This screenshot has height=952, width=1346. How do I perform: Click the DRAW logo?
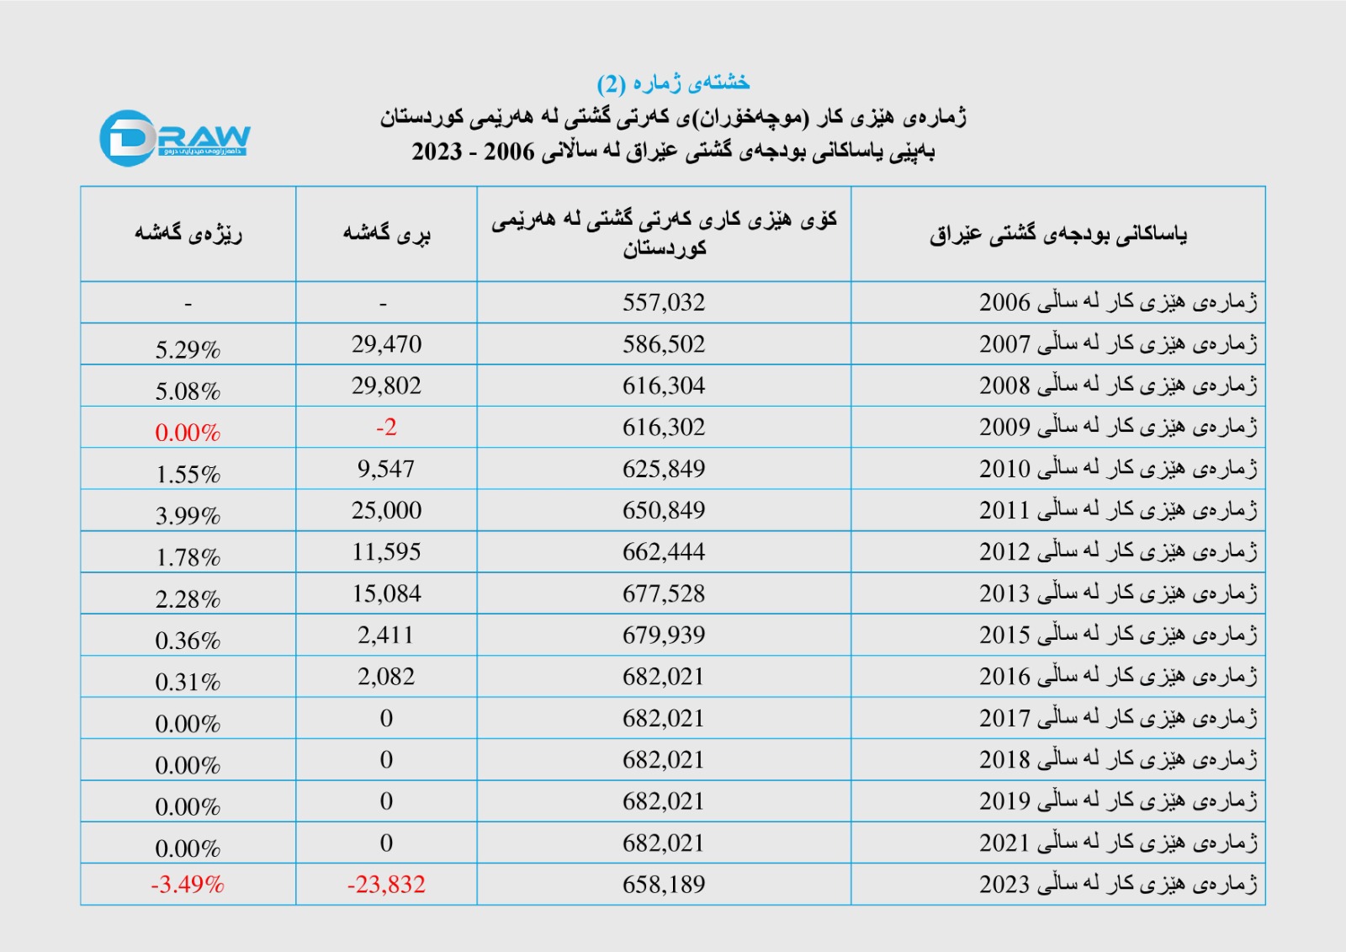174,138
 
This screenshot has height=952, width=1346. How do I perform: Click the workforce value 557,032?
664,302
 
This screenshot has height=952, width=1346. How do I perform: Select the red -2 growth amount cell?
386,428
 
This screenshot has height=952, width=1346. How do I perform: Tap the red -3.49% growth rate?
188,885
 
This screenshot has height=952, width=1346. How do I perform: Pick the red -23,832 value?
386,885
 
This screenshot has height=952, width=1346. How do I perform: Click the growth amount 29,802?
386,386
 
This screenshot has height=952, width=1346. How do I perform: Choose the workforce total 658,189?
664,885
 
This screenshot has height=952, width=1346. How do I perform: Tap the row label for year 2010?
1118,469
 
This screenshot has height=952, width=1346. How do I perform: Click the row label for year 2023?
1118,885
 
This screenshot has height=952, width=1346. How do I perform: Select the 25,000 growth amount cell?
386,510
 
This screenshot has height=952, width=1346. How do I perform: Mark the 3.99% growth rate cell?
188,515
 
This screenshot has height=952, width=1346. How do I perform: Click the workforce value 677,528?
664,593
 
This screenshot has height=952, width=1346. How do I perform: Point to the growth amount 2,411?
386,635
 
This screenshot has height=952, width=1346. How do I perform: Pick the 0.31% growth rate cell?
188,682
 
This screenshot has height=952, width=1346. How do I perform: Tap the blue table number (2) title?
673,82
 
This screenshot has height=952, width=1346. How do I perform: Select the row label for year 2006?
1118,302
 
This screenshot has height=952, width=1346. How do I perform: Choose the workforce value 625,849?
664,469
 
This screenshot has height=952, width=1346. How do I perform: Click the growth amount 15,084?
386,593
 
